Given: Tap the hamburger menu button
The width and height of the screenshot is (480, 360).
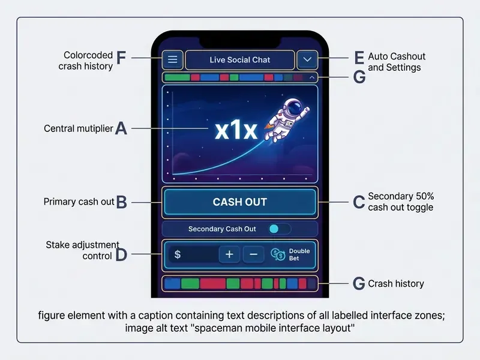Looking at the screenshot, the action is point(172,59).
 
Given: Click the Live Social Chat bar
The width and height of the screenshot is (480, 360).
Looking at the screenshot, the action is point(240,59).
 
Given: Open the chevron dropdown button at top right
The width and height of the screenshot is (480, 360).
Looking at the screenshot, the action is point(307,59).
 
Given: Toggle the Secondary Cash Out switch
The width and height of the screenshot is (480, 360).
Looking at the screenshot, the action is point(279,229).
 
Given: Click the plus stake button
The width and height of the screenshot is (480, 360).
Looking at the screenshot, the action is point(229,254).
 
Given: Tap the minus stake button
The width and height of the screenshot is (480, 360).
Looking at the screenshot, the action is point(253,254).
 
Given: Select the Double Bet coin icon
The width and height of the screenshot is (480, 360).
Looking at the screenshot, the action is point(278,254).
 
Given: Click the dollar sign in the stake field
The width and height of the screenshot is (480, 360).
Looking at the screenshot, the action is point(177,254).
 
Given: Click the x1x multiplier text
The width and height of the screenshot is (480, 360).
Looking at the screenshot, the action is point(236,131).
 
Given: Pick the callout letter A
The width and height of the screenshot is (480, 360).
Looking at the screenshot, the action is point(121,128).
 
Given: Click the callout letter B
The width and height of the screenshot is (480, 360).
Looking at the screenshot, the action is point(122,202).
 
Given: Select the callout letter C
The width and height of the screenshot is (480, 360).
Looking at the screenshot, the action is point(359,202).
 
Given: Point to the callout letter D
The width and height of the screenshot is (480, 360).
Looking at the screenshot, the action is point(122,254).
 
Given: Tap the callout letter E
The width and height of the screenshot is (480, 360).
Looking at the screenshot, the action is point(359,58).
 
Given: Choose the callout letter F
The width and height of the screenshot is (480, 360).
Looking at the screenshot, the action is point(121,58).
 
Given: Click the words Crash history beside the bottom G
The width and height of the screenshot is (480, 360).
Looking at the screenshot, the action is point(396,284).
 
